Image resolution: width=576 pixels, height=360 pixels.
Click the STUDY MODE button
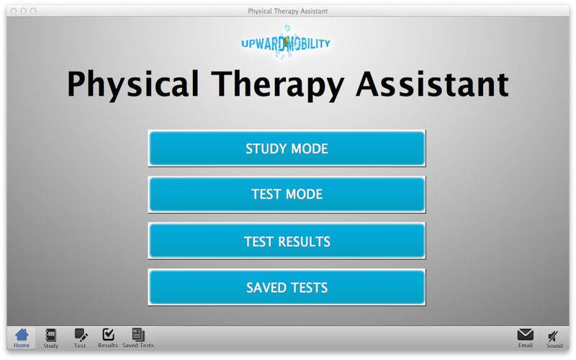pyautogui.click(x=287, y=148)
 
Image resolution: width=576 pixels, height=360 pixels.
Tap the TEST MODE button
pyautogui.click(x=287, y=194)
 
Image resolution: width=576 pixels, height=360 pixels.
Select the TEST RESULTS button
pyautogui.click(x=287, y=241)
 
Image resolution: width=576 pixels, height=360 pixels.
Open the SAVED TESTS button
pyautogui.click(x=287, y=287)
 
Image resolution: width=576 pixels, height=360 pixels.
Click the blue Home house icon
pyautogui.click(x=22, y=335)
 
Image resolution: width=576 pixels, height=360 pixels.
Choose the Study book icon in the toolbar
pyautogui.click(x=50, y=335)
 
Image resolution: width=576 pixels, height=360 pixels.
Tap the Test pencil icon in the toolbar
pyautogui.click(x=81, y=335)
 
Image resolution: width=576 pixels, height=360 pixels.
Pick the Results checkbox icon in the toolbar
pyautogui.click(x=109, y=335)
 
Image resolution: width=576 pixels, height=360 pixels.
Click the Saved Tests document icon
pyautogui.click(x=138, y=335)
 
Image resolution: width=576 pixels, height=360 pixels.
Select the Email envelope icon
pyautogui.click(x=526, y=335)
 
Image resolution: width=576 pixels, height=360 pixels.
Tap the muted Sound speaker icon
pyautogui.click(x=553, y=336)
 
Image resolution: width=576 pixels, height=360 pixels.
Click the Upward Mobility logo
pyautogui.click(x=286, y=42)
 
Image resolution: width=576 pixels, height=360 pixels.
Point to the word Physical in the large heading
pyautogui.click(x=132, y=84)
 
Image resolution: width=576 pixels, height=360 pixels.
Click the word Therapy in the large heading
pyautogui.click(x=278, y=84)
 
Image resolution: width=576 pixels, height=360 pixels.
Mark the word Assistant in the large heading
pyautogui.click(x=433, y=84)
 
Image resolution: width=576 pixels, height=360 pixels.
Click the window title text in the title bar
pyautogui.click(x=287, y=12)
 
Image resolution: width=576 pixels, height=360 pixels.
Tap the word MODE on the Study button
pyautogui.click(x=310, y=149)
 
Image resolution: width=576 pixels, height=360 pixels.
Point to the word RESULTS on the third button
pyautogui.click(x=304, y=241)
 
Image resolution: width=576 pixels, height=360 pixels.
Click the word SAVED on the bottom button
pyautogui.click(x=266, y=287)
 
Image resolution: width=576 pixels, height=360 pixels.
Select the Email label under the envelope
pyautogui.click(x=526, y=346)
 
